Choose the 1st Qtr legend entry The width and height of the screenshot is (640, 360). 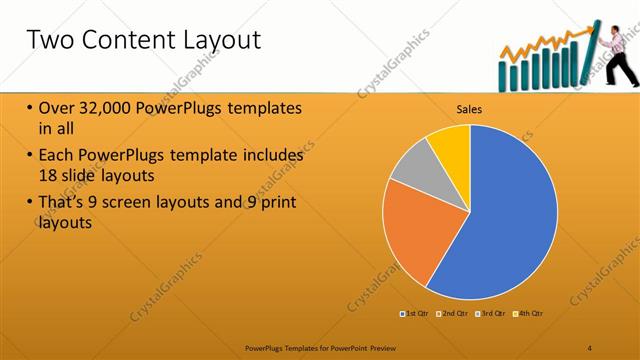tap(414, 314)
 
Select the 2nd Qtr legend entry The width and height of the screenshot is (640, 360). tap(452, 314)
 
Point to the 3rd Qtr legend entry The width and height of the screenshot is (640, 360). tap(490, 314)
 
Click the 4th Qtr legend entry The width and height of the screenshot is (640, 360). tap(528, 314)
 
